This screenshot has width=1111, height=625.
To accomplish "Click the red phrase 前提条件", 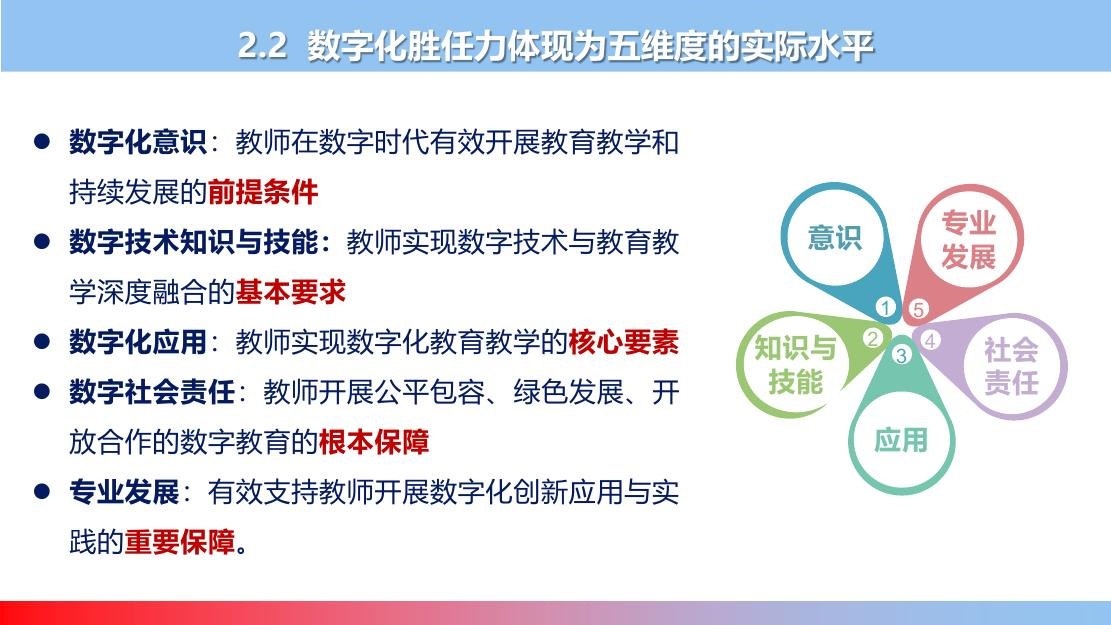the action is click(x=263, y=192).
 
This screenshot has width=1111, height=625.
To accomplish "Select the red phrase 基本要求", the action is click(x=291, y=292).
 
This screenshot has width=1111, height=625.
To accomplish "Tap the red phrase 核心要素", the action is click(x=624, y=342).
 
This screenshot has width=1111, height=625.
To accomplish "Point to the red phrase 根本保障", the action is click(x=374, y=442).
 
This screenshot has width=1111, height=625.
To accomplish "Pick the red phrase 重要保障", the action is click(x=180, y=542).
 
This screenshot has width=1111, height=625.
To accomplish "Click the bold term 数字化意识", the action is click(x=137, y=142).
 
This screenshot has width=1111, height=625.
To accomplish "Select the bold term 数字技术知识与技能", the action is click(x=193, y=242).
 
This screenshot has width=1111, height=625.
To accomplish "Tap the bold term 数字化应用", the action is click(x=137, y=342).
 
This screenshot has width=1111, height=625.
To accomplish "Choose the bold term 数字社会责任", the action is click(x=152, y=392).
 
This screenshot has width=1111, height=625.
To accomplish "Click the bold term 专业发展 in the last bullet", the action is click(x=124, y=492).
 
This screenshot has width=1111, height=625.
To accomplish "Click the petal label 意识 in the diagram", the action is click(x=835, y=237).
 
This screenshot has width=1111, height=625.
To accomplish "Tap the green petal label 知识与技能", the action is click(x=795, y=365).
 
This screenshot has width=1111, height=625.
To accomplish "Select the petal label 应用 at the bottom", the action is click(x=901, y=440).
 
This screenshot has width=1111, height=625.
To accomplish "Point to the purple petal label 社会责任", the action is click(x=1011, y=366).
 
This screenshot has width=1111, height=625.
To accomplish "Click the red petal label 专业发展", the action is click(x=969, y=240).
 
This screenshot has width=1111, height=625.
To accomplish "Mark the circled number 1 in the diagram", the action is click(x=886, y=308).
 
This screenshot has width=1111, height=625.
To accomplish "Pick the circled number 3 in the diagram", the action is click(x=901, y=354).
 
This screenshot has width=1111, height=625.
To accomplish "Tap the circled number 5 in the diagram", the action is click(x=918, y=309).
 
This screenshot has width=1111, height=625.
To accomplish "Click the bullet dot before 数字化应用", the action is click(x=42, y=342).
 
